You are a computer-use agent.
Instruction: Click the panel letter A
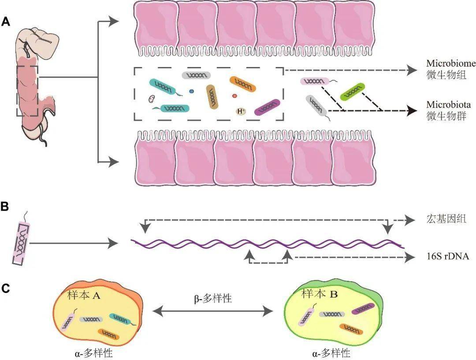tap(6, 22)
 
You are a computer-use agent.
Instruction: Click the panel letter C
tap(6, 288)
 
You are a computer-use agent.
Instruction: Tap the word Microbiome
tap(451, 63)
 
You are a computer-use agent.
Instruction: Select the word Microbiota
tap(448, 105)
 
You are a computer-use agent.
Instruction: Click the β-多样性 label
tap(213, 298)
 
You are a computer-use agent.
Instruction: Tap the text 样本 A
tap(84, 295)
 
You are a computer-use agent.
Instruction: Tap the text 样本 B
tap(319, 293)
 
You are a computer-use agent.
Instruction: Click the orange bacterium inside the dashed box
tap(243, 83)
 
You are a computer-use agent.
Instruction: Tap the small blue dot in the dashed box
tap(191, 91)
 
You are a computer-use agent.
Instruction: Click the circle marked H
tap(241, 111)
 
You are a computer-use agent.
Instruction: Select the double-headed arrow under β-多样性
tap(213, 312)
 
